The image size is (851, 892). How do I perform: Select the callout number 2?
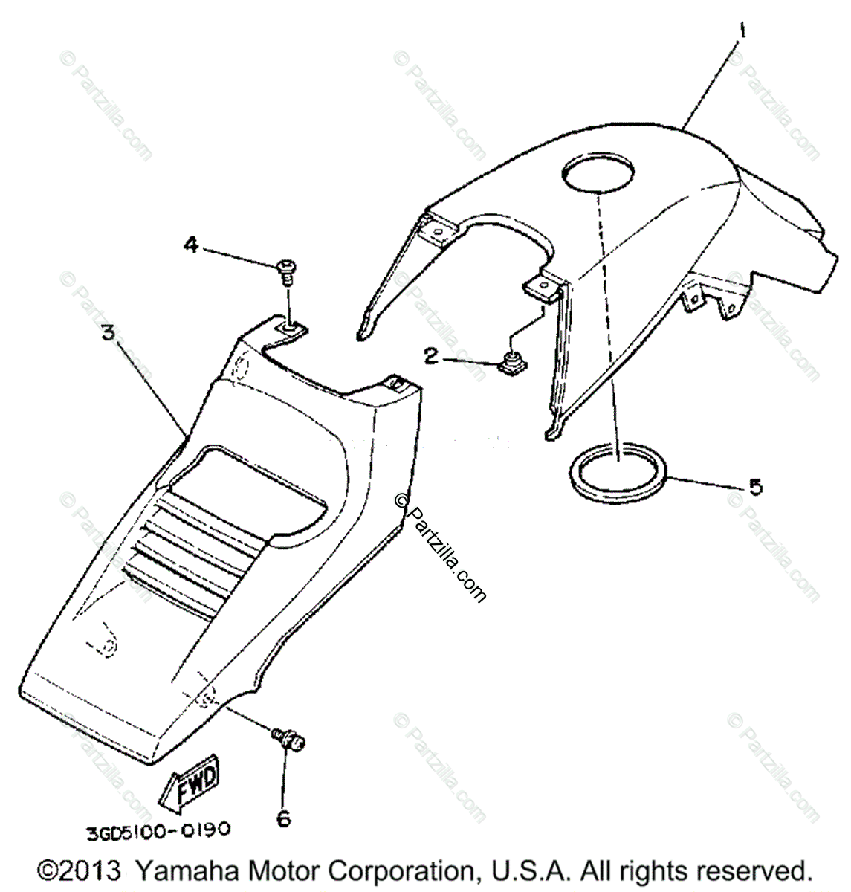tap(430, 357)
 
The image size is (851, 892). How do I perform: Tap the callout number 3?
tap(109, 332)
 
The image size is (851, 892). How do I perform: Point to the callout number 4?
tap(192, 245)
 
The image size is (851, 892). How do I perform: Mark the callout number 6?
tap(284, 818)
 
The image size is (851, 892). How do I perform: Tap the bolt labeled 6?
tap(289, 740)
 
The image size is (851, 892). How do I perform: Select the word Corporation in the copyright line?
tap(386, 870)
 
